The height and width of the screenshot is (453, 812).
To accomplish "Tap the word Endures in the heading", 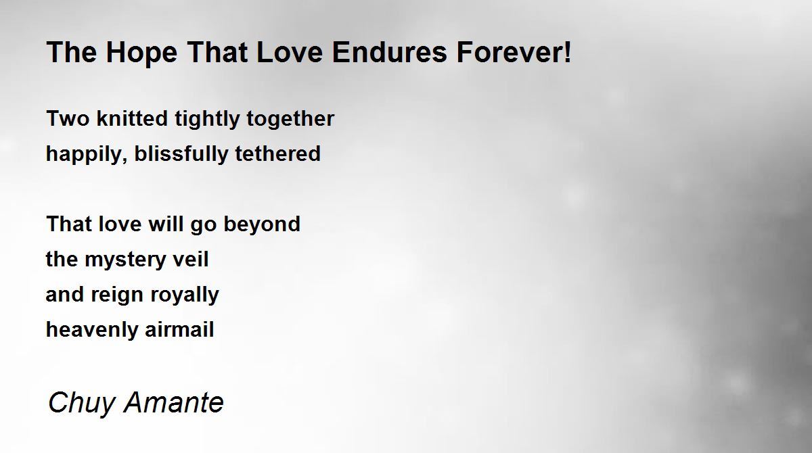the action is point(390,52).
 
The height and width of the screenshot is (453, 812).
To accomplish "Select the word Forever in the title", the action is point(510,52).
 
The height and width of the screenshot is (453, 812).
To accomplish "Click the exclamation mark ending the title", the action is point(568,52).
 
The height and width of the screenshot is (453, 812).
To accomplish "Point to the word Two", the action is point(68,118).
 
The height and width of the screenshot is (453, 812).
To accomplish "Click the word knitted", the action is point(133,118).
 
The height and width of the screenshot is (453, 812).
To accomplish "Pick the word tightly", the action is point(207,120).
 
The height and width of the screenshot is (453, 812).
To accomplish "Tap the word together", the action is point(290,120).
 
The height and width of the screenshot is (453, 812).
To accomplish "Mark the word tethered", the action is point(278,153).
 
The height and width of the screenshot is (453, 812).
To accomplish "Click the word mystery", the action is point(125,261).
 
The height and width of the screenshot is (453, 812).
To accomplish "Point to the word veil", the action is point(191,259).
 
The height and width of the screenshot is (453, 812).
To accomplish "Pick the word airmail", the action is point(179,329).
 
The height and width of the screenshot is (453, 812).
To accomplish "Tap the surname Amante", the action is point(174,402).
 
